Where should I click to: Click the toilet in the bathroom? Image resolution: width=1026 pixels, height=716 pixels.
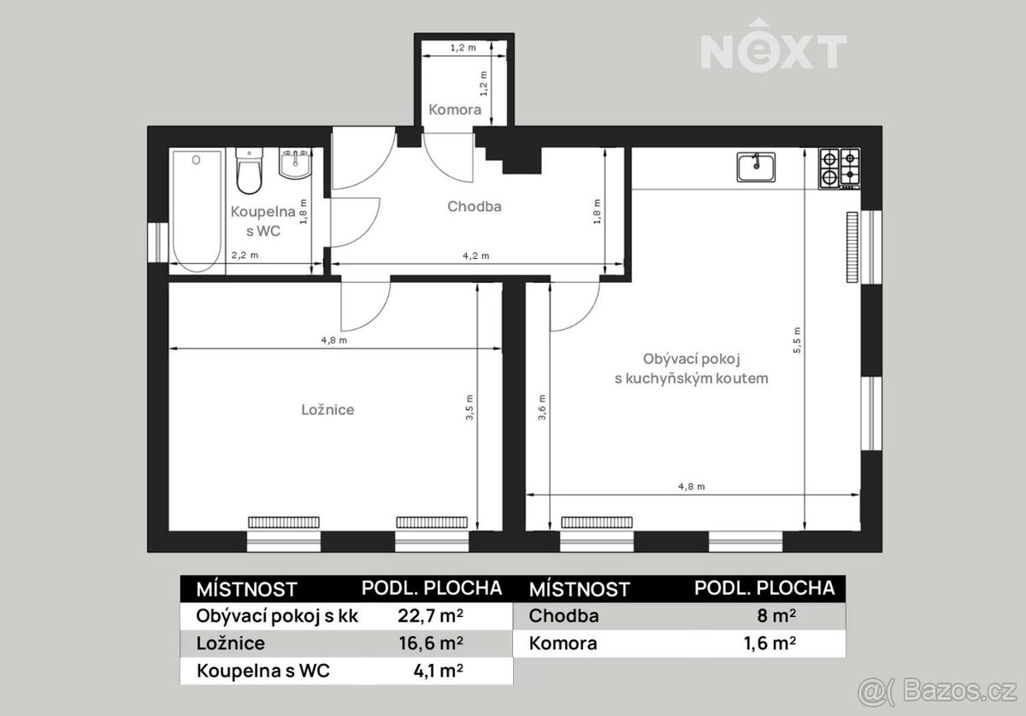click(249, 170)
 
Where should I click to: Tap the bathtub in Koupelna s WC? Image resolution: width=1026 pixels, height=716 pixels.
click(197, 211)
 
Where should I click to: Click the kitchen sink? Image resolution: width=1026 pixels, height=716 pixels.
click(756, 167)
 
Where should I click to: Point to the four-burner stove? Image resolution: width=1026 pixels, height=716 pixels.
click(839, 168)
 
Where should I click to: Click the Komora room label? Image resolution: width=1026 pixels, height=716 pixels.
click(455, 110)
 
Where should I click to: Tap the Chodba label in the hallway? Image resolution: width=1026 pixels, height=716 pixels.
click(474, 207)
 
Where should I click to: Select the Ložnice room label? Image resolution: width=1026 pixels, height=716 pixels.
click(327, 410)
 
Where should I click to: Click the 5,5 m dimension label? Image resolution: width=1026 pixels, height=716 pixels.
click(797, 340)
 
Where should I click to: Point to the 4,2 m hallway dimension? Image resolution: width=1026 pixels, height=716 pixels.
click(476, 256)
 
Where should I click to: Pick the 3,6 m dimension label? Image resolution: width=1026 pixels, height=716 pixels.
click(542, 407)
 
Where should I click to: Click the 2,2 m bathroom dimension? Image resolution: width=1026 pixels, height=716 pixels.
click(245, 255)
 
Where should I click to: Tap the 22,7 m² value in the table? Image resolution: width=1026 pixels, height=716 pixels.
click(430, 616)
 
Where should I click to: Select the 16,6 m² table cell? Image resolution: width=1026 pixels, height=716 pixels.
click(431, 643)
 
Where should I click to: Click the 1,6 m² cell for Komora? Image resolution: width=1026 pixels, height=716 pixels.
click(769, 643)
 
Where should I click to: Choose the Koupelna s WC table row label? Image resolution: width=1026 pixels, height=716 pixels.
click(263, 671)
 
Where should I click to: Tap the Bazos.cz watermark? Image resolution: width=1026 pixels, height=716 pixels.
click(937, 691)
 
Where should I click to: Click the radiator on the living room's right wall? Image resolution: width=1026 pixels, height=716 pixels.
click(852, 247)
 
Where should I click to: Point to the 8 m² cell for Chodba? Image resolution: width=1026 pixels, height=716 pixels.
click(776, 616)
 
